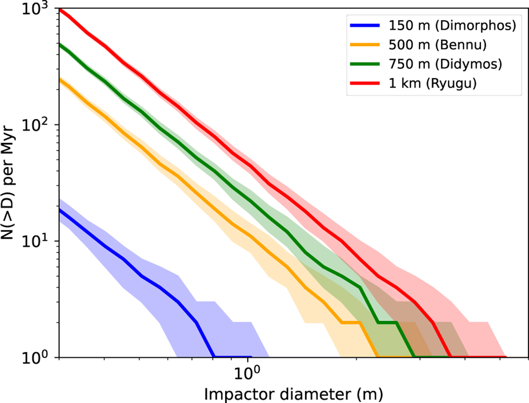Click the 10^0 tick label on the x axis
[247, 373]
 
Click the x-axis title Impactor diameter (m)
[294, 394]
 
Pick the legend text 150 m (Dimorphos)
[453, 26]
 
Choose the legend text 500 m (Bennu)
[438, 45]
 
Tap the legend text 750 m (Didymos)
[445, 64]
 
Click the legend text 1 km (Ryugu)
[433, 83]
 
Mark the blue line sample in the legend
[365, 25]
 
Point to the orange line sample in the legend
[365, 44]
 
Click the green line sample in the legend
[365, 64]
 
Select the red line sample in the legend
[365, 83]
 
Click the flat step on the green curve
[387, 322]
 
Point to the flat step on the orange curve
[351, 322]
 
